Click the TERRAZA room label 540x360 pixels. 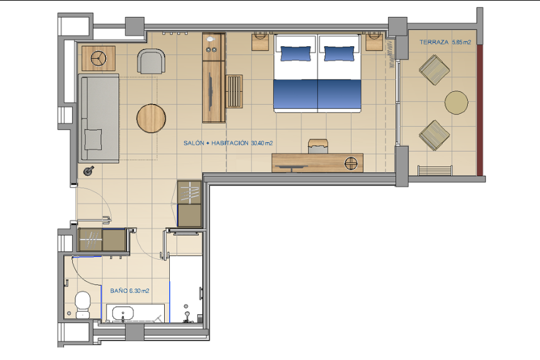click(434, 42)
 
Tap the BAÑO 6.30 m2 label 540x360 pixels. click(130, 291)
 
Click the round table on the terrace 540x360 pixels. click(456, 102)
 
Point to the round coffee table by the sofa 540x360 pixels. click(151, 118)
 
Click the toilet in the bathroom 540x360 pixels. click(83, 304)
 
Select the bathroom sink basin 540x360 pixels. click(123, 314)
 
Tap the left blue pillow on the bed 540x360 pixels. click(296, 54)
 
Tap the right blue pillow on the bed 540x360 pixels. click(339, 54)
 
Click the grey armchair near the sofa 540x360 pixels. click(152, 61)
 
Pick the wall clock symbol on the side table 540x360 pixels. click(99, 58)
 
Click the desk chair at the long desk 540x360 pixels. click(317, 147)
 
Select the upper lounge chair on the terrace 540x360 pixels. click(434, 70)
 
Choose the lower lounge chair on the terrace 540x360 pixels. click(434, 135)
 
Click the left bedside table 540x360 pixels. click(261, 41)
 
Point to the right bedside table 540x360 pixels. click(375, 41)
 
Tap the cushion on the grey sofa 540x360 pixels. click(93, 140)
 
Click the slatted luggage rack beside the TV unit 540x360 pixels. click(234, 91)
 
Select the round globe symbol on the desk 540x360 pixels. click(351, 163)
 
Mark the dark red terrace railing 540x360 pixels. click(480, 110)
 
